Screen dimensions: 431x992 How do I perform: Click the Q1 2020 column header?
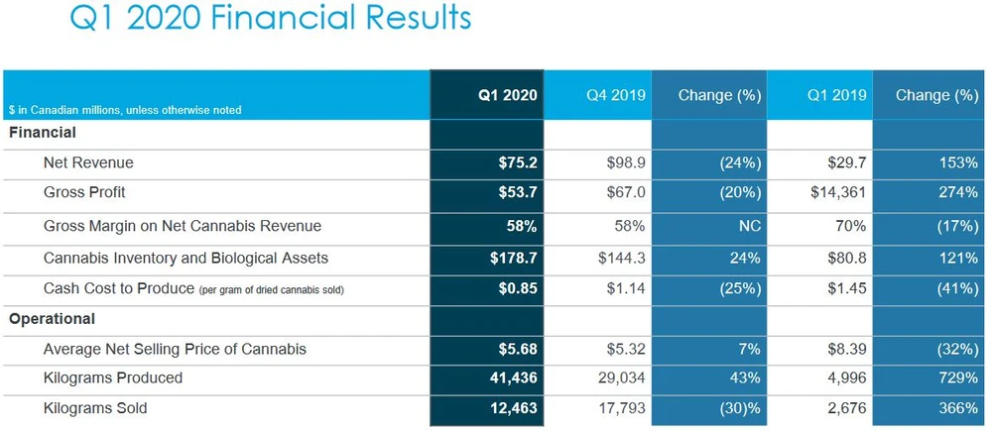(x=507, y=95)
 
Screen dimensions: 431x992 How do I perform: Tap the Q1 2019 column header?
(x=837, y=95)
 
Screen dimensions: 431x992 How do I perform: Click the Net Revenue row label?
(x=88, y=162)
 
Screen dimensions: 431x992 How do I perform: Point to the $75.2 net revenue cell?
(x=517, y=162)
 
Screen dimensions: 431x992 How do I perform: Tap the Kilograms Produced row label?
(x=113, y=377)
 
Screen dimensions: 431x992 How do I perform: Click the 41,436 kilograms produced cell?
(x=512, y=377)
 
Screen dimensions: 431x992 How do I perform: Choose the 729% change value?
(x=957, y=377)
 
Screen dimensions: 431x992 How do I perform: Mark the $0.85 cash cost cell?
(x=517, y=289)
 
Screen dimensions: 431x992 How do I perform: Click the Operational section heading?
(x=52, y=319)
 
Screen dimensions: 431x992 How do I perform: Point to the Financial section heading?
(x=43, y=132)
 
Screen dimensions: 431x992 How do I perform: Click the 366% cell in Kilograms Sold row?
(x=957, y=407)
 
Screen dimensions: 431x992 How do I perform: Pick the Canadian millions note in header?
(x=125, y=110)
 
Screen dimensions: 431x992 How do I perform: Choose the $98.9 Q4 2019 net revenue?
(x=626, y=162)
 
